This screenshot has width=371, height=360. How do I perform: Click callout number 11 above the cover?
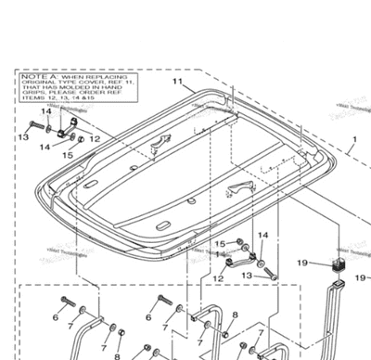176,82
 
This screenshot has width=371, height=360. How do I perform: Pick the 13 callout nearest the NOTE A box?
22,136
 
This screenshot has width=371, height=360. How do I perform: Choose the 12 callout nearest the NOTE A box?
96,138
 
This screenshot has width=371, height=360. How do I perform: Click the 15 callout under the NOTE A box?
67,155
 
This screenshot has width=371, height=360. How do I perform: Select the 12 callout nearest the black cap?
218,277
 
